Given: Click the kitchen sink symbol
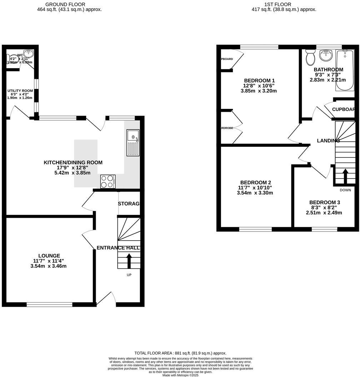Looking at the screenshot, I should click(x=133, y=143).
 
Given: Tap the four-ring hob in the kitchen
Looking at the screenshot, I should click(x=107, y=181).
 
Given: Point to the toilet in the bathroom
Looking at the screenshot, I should click(x=310, y=57).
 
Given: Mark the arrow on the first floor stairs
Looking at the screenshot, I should click(x=345, y=175).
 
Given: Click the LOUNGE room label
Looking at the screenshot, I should click(x=50, y=256).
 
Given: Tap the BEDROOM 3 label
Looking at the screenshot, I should click(x=325, y=202).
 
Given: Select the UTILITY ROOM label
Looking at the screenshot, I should click(x=20, y=91).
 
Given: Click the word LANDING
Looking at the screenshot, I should click(x=328, y=141).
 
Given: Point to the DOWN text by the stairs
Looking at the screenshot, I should click(x=345, y=190).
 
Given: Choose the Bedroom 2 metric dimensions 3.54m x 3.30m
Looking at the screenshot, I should click(x=255, y=193).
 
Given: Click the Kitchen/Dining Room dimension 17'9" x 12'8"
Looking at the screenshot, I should click(x=73, y=167).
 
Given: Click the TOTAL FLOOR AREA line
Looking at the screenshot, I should click(x=180, y=353).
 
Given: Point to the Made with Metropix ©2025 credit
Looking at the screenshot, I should click(x=180, y=375).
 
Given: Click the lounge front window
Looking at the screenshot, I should click(x=49, y=305).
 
